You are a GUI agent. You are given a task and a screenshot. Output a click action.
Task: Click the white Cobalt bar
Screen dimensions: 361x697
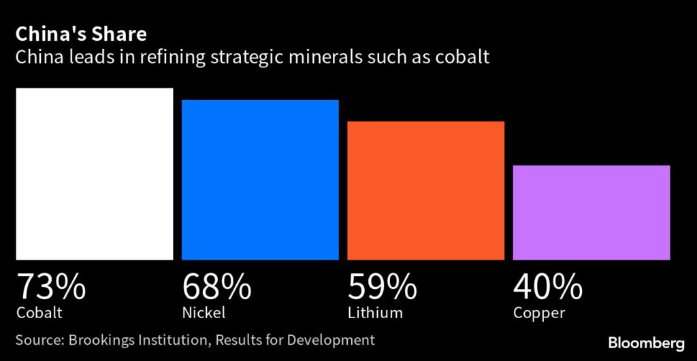pyautogui.click(x=94, y=173)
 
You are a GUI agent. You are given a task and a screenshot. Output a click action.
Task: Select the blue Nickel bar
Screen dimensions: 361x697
pyautogui.click(x=259, y=179)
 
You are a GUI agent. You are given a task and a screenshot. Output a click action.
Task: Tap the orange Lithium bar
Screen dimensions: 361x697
pyautogui.click(x=425, y=190)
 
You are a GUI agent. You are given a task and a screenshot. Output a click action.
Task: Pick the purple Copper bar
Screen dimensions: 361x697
pyautogui.click(x=591, y=212)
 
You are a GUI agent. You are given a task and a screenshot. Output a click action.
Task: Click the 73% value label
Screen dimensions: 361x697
pyautogui.click(x=51, y=287)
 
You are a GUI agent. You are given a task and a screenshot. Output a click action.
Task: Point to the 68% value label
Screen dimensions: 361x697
pyautogui.click(x=216, y=287)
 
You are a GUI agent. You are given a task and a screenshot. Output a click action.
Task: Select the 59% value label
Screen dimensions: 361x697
pyautogui.click(x=383, y=287)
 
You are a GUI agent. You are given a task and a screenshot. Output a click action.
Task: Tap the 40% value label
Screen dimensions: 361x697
pyautogui.click(x=548, y=287)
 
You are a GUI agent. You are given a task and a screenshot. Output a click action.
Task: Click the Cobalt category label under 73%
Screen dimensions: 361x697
pyautogui.click(x=39, y=313)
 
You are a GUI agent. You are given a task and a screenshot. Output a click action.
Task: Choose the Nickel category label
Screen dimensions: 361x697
pyautogui.click(x=204, y=313)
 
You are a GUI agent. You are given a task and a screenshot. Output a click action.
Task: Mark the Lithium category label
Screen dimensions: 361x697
pyautogui.click(x=375, y=313)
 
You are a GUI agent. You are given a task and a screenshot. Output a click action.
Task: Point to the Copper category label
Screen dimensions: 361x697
pyautogui.click(x=539, y=314)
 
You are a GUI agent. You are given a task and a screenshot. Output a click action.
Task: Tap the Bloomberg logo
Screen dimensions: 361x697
pyautogui.click(x=646, y=342)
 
